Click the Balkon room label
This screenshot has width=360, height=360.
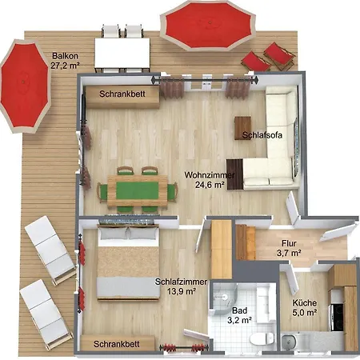[65, 56]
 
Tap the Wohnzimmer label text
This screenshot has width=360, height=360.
[210, 175]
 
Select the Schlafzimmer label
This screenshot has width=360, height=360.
[181, 282]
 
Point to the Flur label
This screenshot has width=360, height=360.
[289, 243]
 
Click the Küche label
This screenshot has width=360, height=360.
[305, 303]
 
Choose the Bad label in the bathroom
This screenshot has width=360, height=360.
[239, 310]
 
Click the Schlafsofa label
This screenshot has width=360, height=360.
[262, 135]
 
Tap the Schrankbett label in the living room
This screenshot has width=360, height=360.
[122, 94]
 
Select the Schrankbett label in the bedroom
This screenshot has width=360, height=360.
[117, 344]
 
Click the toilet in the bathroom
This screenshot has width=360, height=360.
[262, 338]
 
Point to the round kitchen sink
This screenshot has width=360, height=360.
[289, 342]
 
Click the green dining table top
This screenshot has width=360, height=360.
[138, 190]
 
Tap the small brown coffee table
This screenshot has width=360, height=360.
[242, 128]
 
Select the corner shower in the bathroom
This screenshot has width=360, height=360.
[223, 298]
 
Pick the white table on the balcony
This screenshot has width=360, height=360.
[122, 53]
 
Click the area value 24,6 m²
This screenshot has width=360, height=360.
[210, 185]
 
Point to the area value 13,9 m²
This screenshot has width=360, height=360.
[182, 291]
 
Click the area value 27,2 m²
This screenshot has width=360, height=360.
[65, 66]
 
